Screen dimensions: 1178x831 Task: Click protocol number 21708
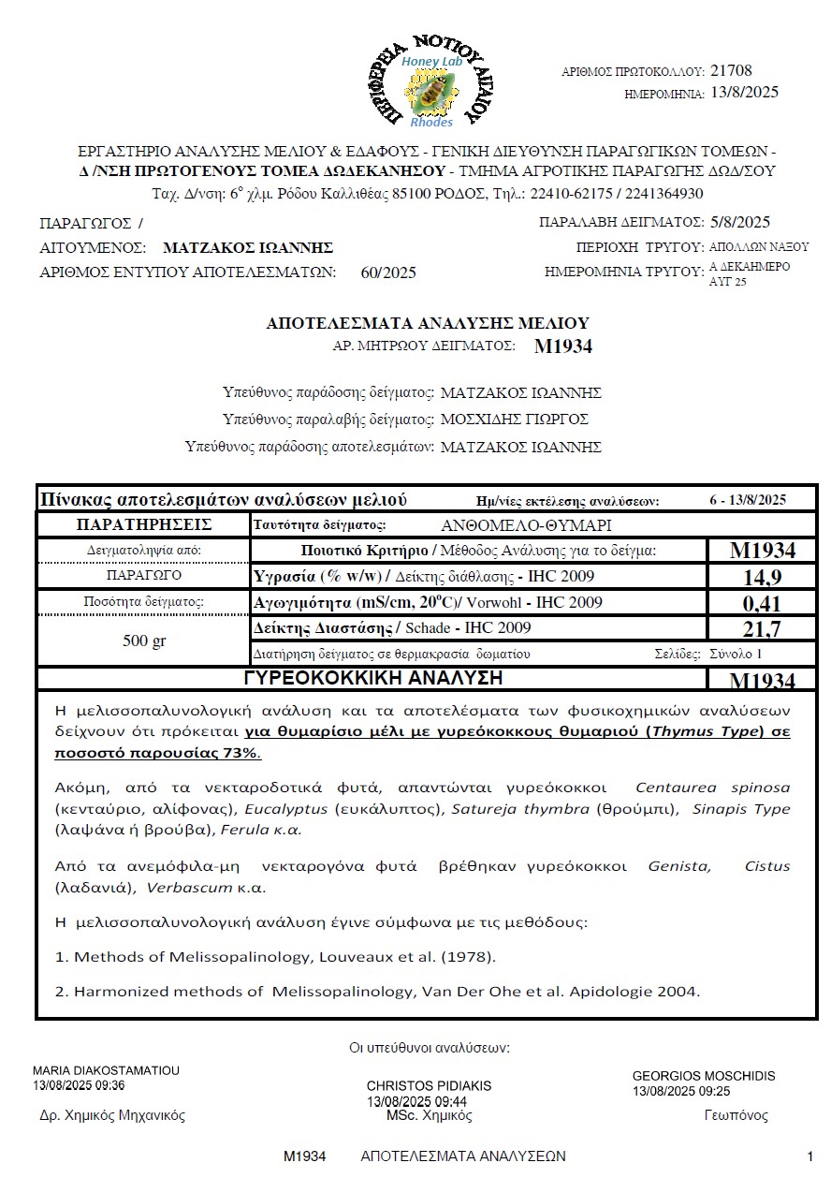[731, 70]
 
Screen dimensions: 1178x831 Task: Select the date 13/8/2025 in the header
[745, 92]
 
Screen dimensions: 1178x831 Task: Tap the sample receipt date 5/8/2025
[739, 222]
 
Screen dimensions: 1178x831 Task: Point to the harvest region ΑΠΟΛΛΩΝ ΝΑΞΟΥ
[759, 247]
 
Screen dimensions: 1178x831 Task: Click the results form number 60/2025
[388, 273]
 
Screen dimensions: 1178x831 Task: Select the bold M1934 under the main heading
[563, 346]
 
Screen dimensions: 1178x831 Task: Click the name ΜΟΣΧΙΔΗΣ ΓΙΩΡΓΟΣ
[515, 420]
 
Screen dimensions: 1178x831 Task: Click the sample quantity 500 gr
[144, 641]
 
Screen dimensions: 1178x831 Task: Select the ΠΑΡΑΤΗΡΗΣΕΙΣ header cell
[144, 524]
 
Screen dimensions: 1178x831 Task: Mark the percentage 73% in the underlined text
[240, 754]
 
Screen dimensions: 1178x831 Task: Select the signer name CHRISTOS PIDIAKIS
[429, 1086]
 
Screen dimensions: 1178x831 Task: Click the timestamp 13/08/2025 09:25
[681, 1091]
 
